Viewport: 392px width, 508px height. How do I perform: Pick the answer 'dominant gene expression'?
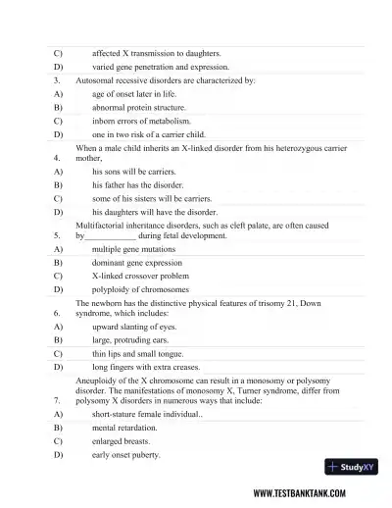click(137, 263)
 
